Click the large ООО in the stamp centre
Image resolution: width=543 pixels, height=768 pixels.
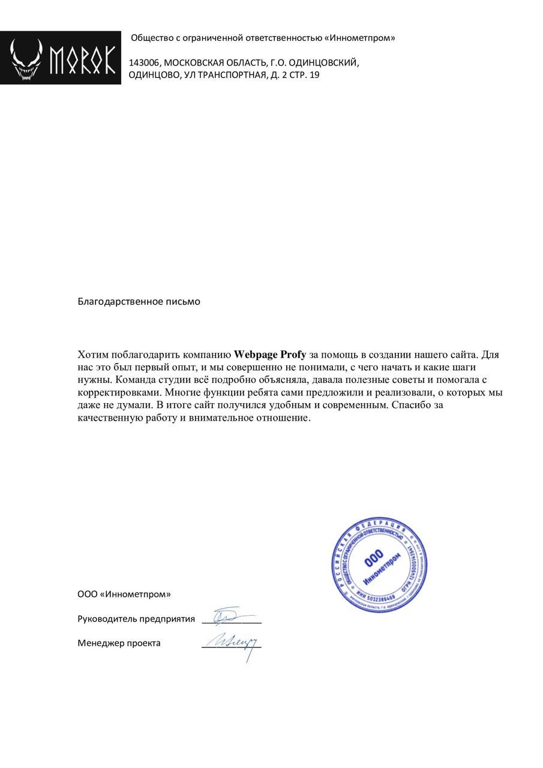(x=373, y=560)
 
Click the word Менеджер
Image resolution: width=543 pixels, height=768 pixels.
(x=100, y=643)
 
